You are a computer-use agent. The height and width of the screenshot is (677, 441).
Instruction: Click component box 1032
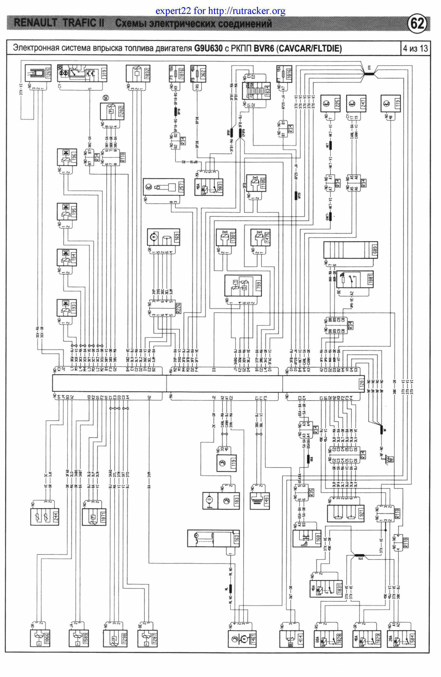(x=138, y=74)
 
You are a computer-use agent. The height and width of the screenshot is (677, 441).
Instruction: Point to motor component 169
(x=163, y=237)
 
